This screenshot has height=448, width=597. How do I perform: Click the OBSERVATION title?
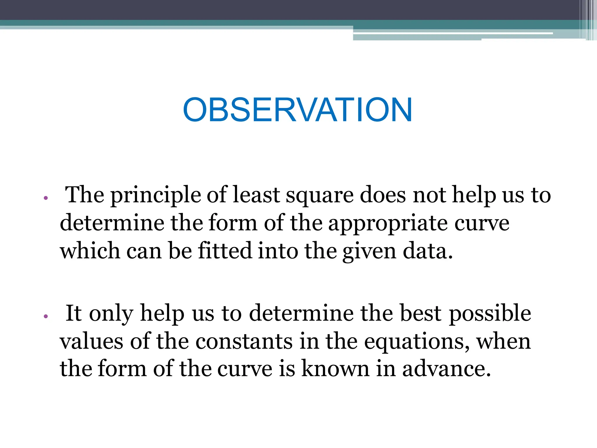tap(297, 110)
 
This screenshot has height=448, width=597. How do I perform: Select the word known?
tap(335, 369)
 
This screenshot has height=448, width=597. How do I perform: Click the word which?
tap(90, 251)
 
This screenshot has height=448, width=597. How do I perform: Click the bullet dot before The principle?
tap(45, 198)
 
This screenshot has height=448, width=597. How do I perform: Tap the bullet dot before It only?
tap(45, 316)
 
